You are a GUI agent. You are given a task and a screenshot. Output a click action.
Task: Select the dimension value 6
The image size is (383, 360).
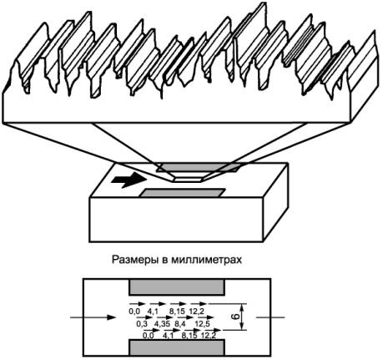tap(235, 317)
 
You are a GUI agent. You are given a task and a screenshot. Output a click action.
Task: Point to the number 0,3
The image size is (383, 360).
tap(142, 323)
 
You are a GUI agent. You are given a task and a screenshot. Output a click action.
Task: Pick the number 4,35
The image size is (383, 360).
tap(163, 323)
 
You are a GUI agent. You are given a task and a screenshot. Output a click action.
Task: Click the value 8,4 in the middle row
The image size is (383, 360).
tap(180, 323)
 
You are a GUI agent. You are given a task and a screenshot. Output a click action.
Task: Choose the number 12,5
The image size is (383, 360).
tap(202, 323)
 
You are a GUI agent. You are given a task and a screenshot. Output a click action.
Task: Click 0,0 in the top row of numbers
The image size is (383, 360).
tap(134, 312)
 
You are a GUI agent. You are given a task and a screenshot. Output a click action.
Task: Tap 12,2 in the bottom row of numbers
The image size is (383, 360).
tap(209, 336)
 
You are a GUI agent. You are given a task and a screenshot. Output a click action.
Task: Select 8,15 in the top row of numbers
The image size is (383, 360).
tap(177, 312)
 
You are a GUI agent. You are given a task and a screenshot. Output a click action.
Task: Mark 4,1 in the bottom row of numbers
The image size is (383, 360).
tap(169, 336)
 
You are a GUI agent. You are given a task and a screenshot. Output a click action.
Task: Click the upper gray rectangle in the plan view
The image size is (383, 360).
tap(177, 287)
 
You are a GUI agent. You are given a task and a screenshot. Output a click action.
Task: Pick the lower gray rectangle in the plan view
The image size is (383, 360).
tap(177, 347)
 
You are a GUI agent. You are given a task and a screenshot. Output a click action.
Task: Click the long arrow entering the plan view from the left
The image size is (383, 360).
tap(93, 317)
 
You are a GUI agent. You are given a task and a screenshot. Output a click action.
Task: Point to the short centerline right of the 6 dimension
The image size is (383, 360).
tap(270, 317)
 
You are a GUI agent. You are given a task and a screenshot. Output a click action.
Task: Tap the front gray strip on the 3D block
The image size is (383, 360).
tap(183, 193)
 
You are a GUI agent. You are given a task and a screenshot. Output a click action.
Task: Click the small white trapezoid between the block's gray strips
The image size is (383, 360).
tap(188, 177)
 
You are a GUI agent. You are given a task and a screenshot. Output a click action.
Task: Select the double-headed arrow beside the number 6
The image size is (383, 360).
tap(243, 317)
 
